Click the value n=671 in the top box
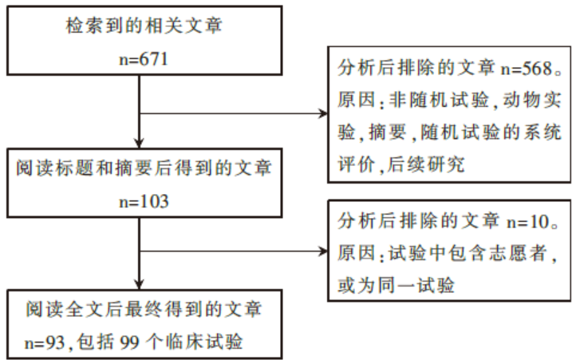point(144,59)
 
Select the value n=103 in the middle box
point(144,201)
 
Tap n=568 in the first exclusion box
point(527,69)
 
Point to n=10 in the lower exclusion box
point(527,221)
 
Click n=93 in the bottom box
point(45,342)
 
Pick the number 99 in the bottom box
point(129,342)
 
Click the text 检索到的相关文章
point(144,26)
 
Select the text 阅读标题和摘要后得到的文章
point(144,168)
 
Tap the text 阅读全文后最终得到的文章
point(144,309)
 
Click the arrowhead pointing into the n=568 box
point(323,113)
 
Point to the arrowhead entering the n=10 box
point(323,251)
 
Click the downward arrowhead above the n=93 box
point(139,284)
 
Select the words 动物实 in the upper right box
point(532,100)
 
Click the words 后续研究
point(426,164)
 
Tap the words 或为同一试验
point(396,285)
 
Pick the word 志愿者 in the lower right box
point(518,253)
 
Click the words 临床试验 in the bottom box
point(204,342)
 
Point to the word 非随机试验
point(439,100)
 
